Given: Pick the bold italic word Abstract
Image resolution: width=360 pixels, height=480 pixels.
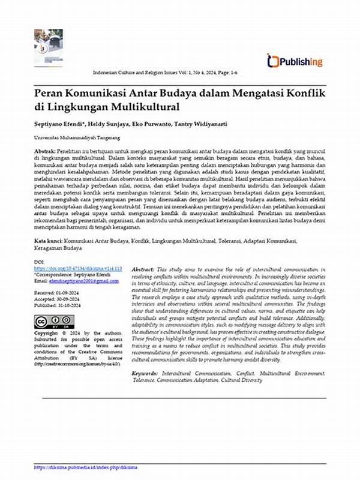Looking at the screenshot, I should click(x=142, y=271).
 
